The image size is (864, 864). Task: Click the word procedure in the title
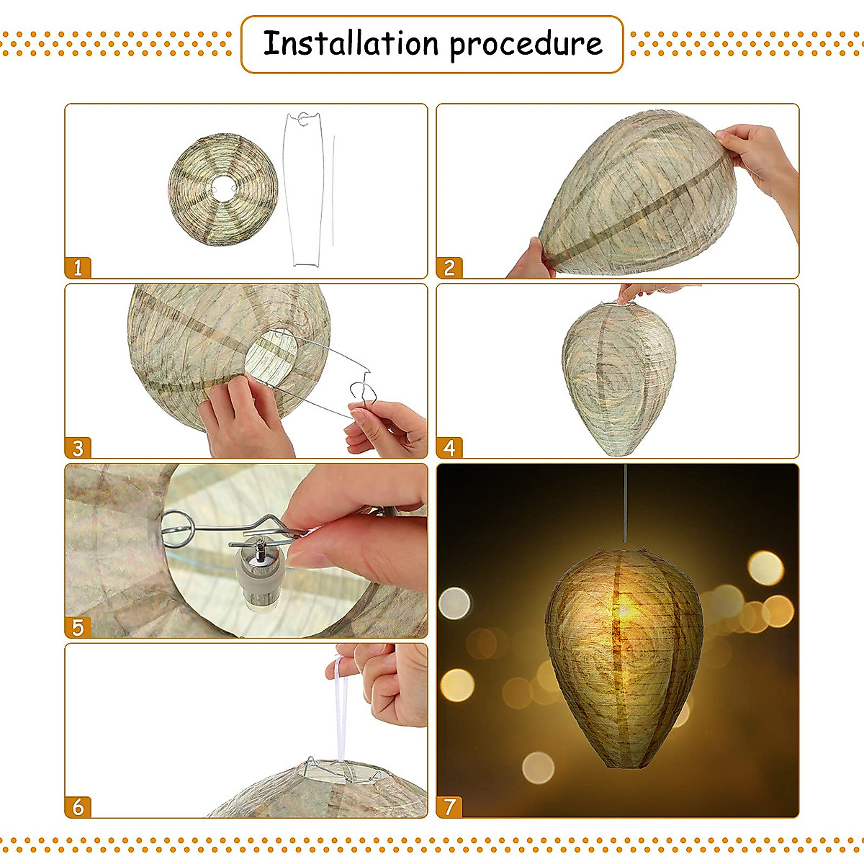526,45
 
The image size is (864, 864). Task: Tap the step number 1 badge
78,268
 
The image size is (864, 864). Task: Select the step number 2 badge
449,268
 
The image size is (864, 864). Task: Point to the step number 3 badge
78,448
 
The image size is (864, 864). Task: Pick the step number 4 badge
449,448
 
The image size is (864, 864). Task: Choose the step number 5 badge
78,627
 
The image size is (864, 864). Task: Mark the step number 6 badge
78,807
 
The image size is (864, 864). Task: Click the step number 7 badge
449,807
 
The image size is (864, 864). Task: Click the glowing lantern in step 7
624,655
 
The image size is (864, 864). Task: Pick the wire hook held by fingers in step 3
365,393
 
